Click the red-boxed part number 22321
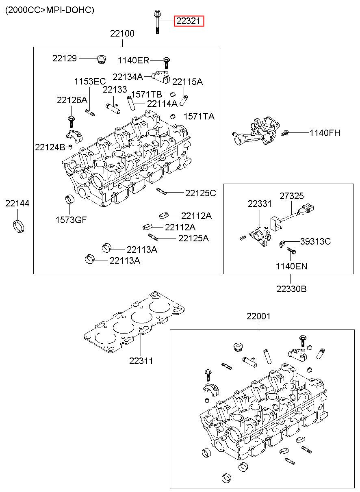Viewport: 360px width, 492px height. (x=189, y=21)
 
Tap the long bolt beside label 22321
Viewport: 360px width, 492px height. (x=157, y=21)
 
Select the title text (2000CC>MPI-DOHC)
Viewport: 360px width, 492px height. (x=50, y=10)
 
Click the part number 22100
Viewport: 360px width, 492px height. (x=122, y=33)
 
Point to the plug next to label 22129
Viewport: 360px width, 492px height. (x=101, y=60)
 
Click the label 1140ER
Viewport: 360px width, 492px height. (x=133, y=60)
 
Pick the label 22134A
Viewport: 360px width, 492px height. (x=128, y=77)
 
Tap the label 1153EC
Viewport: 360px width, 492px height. (x=90, y=82)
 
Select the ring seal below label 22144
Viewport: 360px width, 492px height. (x=19, y=226)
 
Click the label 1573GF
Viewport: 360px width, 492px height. (x=71, y=220)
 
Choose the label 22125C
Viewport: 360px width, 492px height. (x=201, y=193)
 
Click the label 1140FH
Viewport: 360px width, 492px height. (x=325, y=133)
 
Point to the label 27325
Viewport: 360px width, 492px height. (x=291, y=196)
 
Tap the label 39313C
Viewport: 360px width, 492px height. (x=315, y=241)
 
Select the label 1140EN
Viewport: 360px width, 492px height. (x=291, y=266)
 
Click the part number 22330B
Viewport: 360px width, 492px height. (x=291, y=289)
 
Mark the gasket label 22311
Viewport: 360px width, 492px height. (x=141, y=361)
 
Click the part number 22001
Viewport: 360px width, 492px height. (x=258, y=316)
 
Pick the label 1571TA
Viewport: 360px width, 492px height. (x=199, y=116)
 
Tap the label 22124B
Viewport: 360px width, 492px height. (x=50, y=147)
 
